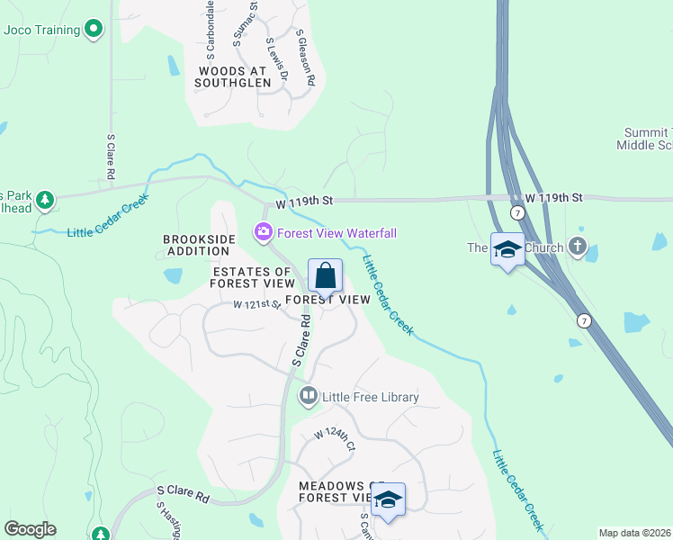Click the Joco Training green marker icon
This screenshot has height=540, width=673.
[93, 30]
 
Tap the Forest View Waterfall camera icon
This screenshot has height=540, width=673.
[264, 233]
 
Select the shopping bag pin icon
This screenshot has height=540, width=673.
[325, 276]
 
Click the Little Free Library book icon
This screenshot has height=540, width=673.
[308, 396]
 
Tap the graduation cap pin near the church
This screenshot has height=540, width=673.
[507, 249]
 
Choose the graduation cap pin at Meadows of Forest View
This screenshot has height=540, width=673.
[389, 500]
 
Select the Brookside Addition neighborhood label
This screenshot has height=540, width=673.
[199, 245]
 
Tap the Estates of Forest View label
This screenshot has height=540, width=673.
[251, 277]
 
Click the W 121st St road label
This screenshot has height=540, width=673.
[257, 305]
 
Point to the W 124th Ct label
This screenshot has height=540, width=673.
[336, 439]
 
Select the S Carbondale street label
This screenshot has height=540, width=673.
[211, 28]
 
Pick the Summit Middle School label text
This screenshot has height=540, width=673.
[648, 139]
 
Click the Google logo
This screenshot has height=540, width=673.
[30, 529]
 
